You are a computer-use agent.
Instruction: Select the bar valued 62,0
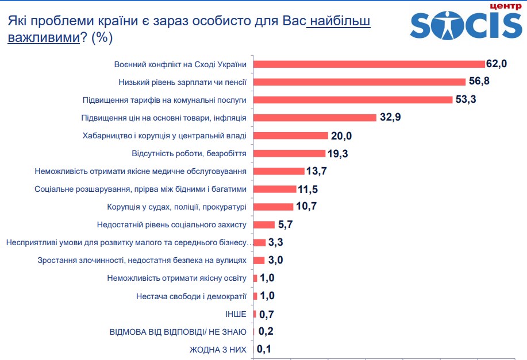pyautogui.click(x=369, y=64)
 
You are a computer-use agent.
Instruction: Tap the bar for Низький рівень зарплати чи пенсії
pyautogui.click(x=359, y=82)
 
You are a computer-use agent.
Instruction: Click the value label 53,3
pyautogui.click(x=468, y=99)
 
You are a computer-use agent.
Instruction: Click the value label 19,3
pyautogui.click(x=338, y=153)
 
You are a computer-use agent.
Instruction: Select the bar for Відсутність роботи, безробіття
pyautogui.click(x=289, y=153)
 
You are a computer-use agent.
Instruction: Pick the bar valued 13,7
pyautogui.click(x=279, y=171)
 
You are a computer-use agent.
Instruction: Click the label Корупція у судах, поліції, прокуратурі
pyautogui.click(x=176, y=207)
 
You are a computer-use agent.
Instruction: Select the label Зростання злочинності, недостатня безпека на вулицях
pyautogui.click(x=142, y=260)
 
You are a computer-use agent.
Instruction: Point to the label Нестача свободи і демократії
pyautogui.click(x=191, y=296)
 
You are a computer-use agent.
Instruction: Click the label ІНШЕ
pyautogui.click(x=236, y=314)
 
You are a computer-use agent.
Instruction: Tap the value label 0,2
pyautogui.click(x=266, y=331)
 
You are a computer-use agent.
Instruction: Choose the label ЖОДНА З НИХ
pyautogui.click(x=218, y=349)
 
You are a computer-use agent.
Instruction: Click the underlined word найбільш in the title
pyautogui.click(x=338, y=21)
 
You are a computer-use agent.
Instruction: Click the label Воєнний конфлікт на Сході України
pyautogui.click(x=180, y=64)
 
